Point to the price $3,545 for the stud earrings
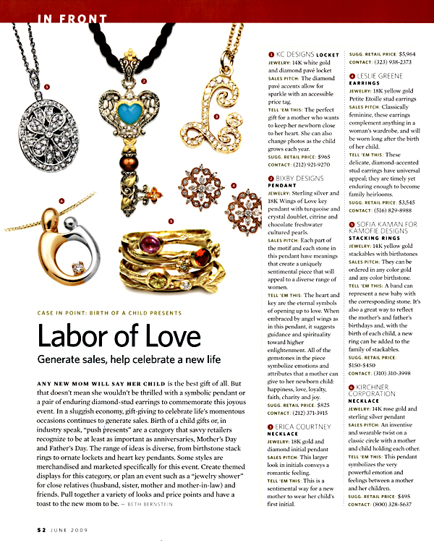click(404, 203)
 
